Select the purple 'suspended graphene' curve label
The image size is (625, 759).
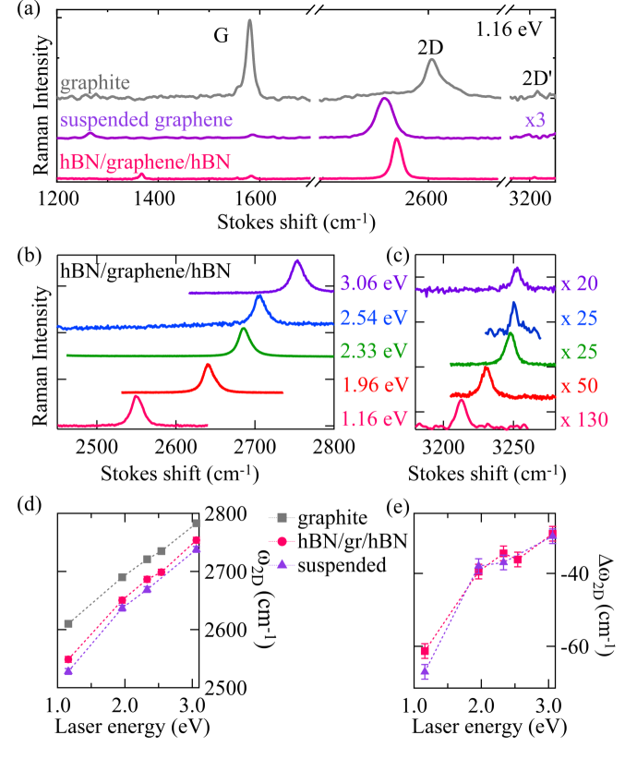[x=146, y=119]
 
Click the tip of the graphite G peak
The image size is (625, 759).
[x=249, y=21]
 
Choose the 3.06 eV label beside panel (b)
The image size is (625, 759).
[x=373, y=284]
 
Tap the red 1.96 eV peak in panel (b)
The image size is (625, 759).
[x=208, y=367]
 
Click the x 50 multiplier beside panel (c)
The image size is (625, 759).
[x=583, y=386]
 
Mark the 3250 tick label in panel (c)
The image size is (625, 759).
[x=511, y=447]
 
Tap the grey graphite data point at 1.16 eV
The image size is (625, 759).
[x=68, y=623]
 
